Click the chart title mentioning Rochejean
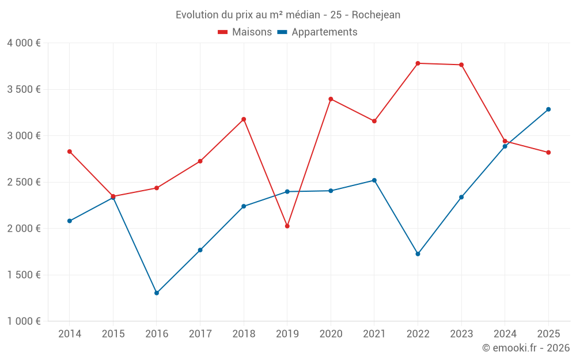point(288,15)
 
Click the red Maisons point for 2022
point(418,63)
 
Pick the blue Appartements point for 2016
point(157,293)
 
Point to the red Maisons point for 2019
point(287,226)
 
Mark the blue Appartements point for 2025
point(548,109)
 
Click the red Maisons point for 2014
point(70,151)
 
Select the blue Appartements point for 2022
point(418,254)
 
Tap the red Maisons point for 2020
point(331,99)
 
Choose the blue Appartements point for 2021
point(374,180)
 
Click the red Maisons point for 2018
point(244,119)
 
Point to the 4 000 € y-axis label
point(24,43)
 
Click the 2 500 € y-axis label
point(24,182)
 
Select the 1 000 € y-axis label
point(24,321)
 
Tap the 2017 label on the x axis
point(200,334)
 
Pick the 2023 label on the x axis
point(461,334)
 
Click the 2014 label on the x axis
point(70,334)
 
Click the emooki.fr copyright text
point(526,348)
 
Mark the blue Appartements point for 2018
point(244,206)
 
